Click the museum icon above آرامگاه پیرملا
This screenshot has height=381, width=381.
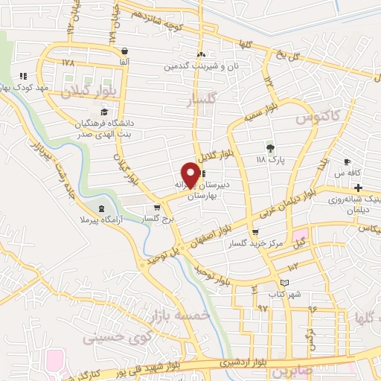(x=102, y=207)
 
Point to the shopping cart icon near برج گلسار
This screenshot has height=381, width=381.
(x=156, y=208)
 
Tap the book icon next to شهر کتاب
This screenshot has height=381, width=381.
(x=285, y=284)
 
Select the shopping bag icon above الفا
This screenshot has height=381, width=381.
(x=124, y=51)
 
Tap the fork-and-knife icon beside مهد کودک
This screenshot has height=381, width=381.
(x=23, y=76)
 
